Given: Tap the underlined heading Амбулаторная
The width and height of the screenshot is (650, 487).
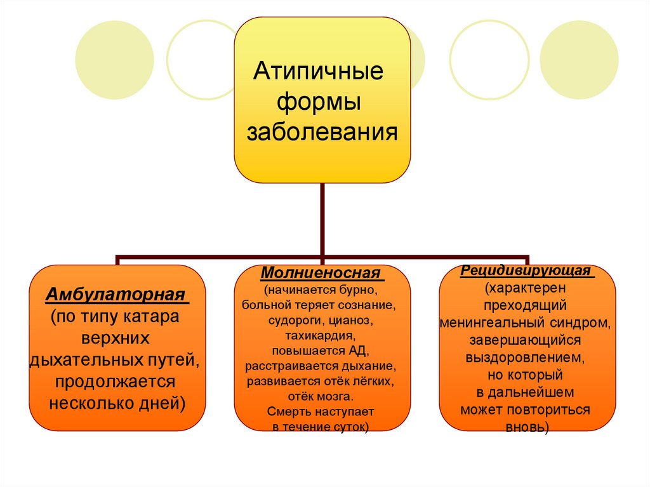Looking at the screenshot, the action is (117, 296).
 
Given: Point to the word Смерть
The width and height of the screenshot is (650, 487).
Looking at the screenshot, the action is (291, 411).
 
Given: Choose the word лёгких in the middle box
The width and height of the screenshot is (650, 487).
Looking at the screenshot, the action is (367, 381).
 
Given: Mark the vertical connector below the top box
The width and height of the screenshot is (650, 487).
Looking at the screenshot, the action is (322, 219).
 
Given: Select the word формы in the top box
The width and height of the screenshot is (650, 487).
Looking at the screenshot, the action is (319, 102).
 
